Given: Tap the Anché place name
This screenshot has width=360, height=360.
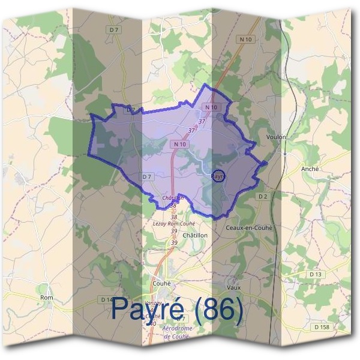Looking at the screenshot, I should click(310, 169).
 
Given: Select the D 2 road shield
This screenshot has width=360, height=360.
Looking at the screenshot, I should click(262, 196).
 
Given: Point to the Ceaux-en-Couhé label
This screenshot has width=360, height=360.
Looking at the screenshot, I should click(249, 228).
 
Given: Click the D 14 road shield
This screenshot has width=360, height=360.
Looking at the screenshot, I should click(107, 299).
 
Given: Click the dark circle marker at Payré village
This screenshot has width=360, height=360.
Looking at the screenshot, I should click(220, 177).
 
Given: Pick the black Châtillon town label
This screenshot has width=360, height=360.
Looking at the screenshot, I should click(194, 235).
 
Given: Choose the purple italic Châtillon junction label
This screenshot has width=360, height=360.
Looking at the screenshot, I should click(173, 198).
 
